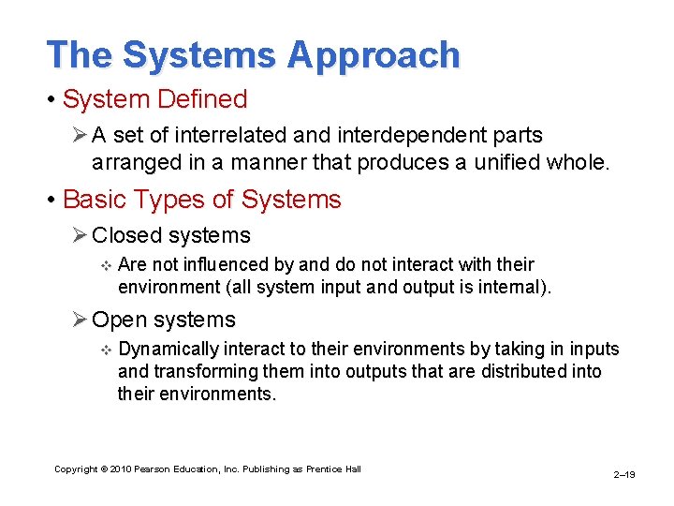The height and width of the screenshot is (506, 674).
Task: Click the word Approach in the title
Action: [x=374, y=55]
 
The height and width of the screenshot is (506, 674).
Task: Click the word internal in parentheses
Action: [x=509, y=287]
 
